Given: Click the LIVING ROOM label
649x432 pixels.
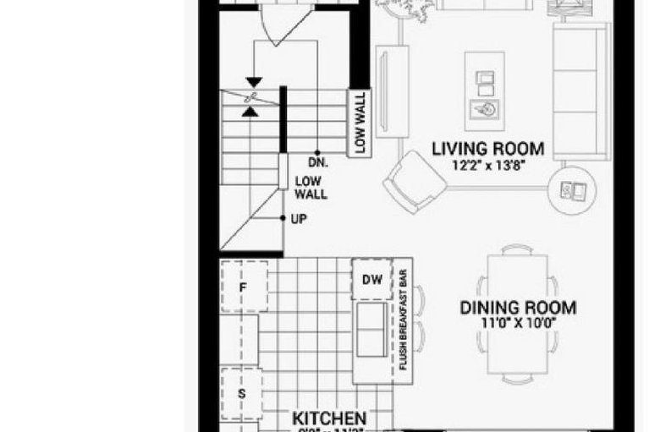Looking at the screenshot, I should coord(487,150).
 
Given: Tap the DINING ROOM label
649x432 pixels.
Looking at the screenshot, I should coord(518,308).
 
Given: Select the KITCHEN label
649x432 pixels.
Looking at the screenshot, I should coord(329,418).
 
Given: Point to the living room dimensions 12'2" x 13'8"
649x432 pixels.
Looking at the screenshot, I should coord(487,167).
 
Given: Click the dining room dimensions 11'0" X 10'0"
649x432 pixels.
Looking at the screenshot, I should coord(518,323).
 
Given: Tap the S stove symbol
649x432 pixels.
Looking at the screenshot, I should coord(241,394).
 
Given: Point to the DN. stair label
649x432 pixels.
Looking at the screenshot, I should coord(318,161).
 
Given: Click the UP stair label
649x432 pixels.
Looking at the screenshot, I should coord(299,218).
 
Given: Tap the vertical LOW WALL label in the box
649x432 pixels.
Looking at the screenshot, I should coord(360,122).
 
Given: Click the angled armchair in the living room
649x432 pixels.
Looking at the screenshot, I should coord(414,181).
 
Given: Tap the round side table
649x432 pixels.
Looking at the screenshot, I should coord(574,190).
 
